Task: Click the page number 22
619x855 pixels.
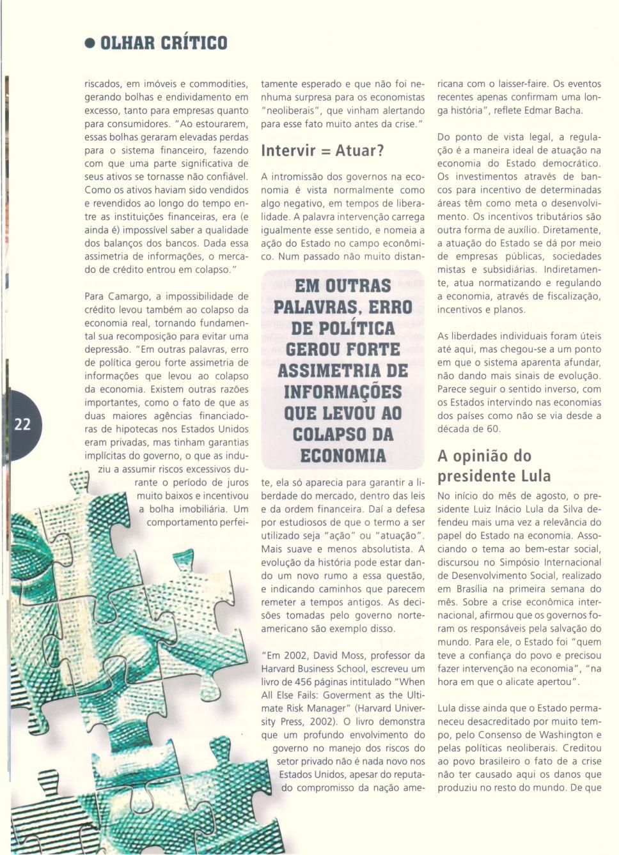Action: [22, 425]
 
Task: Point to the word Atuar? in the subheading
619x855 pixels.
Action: [359, 151]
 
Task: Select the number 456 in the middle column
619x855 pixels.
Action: [302, 682]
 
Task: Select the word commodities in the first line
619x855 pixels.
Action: [218, 84]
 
